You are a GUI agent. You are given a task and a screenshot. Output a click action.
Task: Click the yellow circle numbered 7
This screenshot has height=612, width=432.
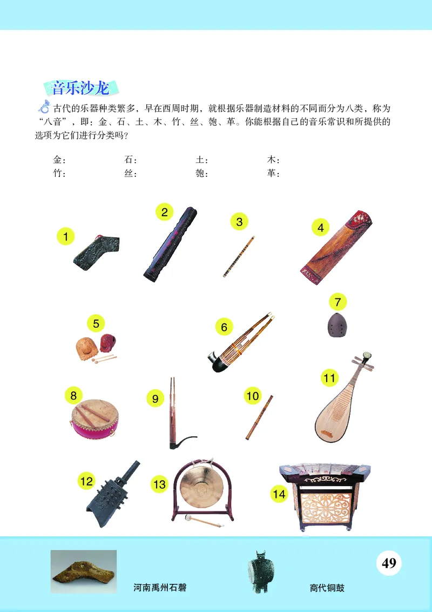coord(337,302)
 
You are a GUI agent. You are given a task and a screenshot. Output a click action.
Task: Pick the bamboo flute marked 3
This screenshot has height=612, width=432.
coord(239,256)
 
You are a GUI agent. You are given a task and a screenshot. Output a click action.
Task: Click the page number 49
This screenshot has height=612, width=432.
coord(389,563)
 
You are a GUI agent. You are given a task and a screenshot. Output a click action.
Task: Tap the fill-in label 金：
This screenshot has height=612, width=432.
coord(59,160)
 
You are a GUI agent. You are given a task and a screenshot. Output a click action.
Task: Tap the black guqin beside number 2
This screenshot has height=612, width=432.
coord(170,243)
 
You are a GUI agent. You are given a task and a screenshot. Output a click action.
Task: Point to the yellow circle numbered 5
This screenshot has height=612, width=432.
coord(96,324)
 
